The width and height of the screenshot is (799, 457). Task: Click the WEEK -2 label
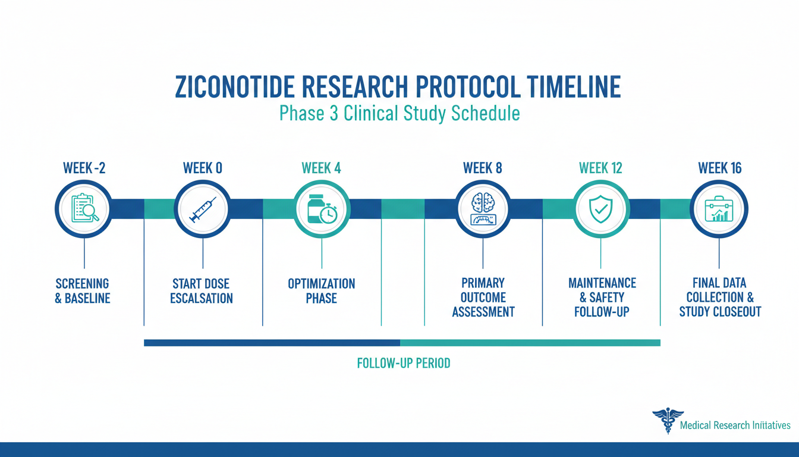pos(84,168)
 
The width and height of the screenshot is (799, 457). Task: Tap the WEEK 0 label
pos(203,168)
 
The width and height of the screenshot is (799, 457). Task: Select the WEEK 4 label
pos(322,168)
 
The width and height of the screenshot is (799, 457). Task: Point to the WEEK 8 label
pos(483,168)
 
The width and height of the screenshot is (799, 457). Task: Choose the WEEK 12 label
pos(600,168)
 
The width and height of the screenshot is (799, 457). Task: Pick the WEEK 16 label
pos(720,168)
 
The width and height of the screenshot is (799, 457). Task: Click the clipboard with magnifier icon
pos(85,208)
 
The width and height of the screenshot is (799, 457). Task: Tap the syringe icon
pos(203,210)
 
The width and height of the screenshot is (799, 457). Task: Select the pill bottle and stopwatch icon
pos(322,209)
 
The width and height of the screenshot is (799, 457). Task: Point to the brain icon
pos(483,209)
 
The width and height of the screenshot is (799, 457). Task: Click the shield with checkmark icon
pos(601,209)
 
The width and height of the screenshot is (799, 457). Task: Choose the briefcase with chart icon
pos(719,209)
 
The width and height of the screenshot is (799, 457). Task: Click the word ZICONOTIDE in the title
pos(235,87)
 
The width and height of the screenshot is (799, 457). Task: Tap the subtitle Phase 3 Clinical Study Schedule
pos(400,113)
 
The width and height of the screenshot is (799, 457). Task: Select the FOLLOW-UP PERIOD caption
pos(404,363)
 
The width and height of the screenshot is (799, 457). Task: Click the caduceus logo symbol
pos(668,421)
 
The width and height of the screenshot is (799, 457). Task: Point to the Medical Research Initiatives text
pos(735,425)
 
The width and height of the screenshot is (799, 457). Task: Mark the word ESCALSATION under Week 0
pos(201,298)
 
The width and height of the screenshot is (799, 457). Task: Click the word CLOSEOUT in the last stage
pos(737,312)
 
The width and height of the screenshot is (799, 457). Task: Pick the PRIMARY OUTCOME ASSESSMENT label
pos(483,298)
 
